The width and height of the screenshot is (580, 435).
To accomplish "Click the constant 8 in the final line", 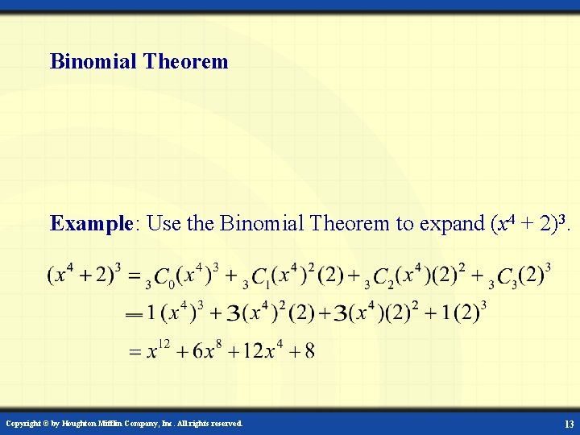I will click(x=310, y=351).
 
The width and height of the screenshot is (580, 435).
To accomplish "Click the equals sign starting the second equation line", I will click(x=135, y=315).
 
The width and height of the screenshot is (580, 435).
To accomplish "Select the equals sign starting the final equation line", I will click(x=135, y=352).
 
